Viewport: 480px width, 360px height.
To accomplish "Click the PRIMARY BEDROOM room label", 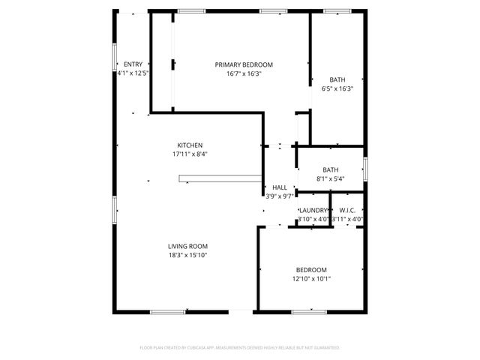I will point(244,65).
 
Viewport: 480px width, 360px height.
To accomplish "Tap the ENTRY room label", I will point(133,64).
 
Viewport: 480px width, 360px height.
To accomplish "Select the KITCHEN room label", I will point(190,145).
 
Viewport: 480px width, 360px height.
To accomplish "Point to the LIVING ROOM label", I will point(187,246).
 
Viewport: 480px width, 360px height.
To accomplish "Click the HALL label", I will point(280,187).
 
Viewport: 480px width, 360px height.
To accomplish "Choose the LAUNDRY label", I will point(313,210).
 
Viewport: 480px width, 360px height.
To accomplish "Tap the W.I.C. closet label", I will point(347,210).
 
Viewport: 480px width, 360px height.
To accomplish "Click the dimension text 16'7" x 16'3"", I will point(244,74).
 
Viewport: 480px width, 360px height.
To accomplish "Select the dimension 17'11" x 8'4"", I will point(190,154).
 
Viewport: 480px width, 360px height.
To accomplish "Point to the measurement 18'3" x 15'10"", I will point(187,255).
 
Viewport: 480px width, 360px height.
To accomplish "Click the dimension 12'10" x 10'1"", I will point(311,279).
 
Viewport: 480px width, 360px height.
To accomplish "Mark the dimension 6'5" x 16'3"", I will point(337,88).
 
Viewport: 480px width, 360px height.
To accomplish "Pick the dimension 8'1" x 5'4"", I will point(331,178).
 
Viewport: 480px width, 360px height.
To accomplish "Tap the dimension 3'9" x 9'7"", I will point(280,196).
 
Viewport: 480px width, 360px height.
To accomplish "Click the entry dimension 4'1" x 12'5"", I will point(133,73).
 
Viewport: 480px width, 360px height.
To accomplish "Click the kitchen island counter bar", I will point(217,178).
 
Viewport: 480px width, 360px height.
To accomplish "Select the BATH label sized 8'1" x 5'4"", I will point(331,169).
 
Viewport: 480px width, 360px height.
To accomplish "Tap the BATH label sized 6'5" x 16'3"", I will point(337,79).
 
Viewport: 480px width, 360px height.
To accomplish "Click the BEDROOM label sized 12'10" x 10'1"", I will point(311,270).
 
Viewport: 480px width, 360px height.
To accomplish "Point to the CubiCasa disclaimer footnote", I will point(240,348).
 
